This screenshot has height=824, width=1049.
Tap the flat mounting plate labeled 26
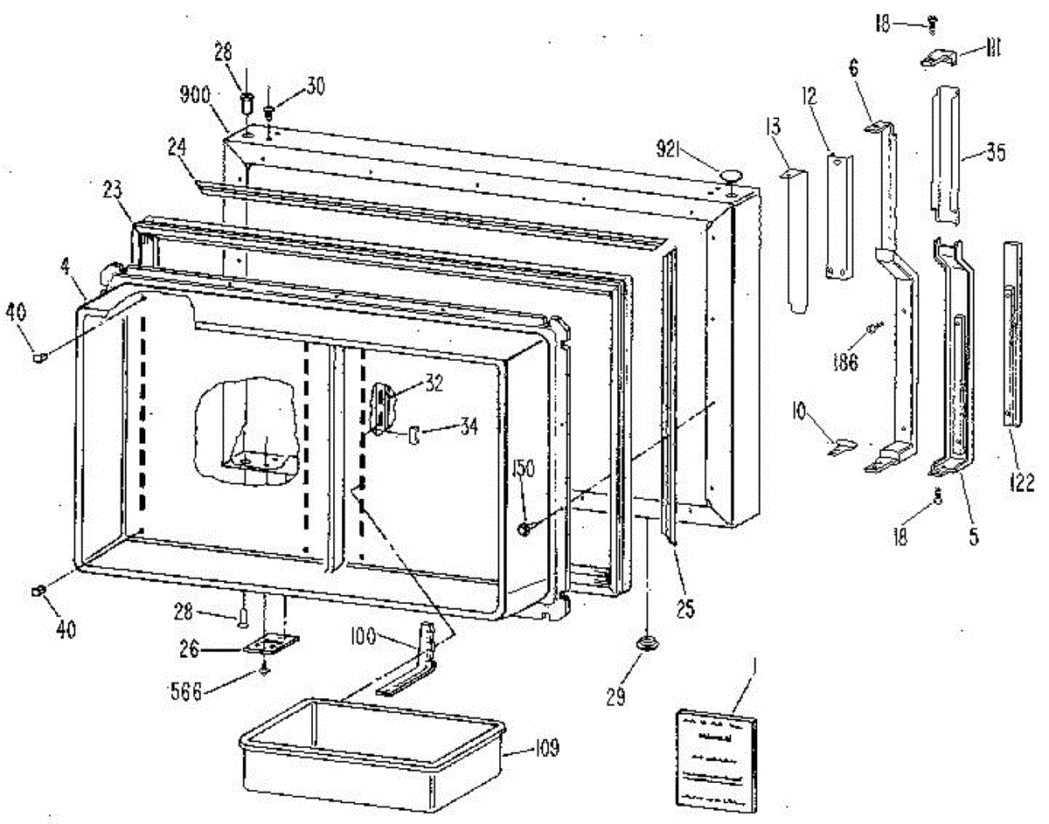pyautogui.click(x=270, y=647)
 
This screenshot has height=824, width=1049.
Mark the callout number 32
pyautogui.click(x=434, y=382)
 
